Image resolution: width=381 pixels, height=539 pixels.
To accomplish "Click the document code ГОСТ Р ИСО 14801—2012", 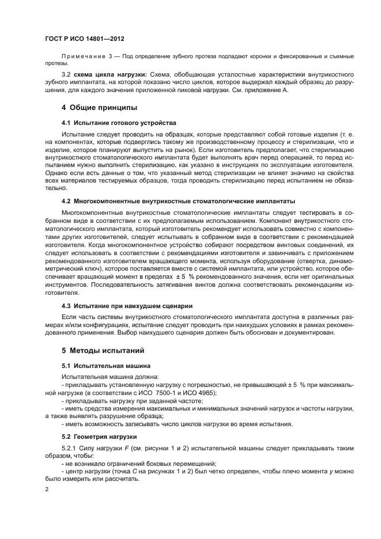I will [85, 39].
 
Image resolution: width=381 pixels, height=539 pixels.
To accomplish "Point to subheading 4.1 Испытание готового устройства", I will [119, 123].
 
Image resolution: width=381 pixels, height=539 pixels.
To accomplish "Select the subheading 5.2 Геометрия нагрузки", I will [103, 436].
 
